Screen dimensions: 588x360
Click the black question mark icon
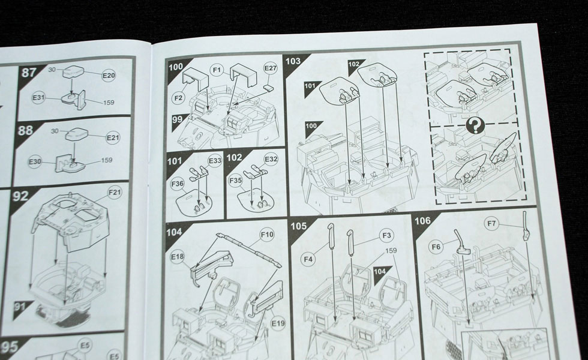pos(475,125)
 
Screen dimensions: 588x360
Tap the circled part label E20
pos(109,76)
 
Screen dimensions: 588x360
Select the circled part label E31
pos(38,98)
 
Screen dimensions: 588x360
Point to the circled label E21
pos(113,137)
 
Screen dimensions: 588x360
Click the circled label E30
pos(35,161)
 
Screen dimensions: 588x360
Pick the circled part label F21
pos(115,193)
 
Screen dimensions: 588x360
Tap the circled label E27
pos(270,68)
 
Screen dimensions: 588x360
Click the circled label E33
pos(215,161)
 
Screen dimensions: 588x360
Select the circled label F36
pos(177,184)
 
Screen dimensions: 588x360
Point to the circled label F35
pos(235,181)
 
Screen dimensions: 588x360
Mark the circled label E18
pos(178,257)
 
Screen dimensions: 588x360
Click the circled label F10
pos(267,235)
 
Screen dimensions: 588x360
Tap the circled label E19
pos(278,323)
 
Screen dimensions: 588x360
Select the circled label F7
pos(491,224)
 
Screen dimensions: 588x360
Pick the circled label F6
pos(436,247)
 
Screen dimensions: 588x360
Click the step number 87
pos(29,72)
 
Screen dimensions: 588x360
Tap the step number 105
pos(299,226)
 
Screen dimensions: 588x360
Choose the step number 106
pos(422,221)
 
